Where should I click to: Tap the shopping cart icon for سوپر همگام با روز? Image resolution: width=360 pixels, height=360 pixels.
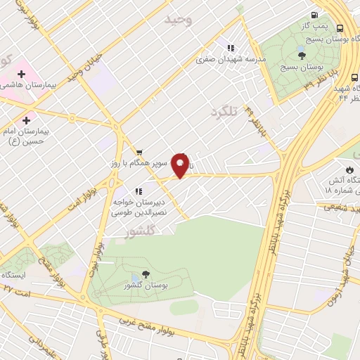[139, 152]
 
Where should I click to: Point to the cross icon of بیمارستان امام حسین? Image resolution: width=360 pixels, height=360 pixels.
[27, 120]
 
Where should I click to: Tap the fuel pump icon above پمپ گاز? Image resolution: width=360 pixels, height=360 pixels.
[314, 15]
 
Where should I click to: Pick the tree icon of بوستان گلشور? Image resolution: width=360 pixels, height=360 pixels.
[146, 274]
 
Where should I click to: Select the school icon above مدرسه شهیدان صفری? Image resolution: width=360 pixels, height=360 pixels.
[230, 48]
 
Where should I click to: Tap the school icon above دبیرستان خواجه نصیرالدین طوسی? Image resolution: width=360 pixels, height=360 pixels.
[139, 191]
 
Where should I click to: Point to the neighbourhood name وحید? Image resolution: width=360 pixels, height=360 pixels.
[178, 20]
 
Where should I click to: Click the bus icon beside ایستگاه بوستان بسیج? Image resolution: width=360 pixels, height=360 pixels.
[340, 29]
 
